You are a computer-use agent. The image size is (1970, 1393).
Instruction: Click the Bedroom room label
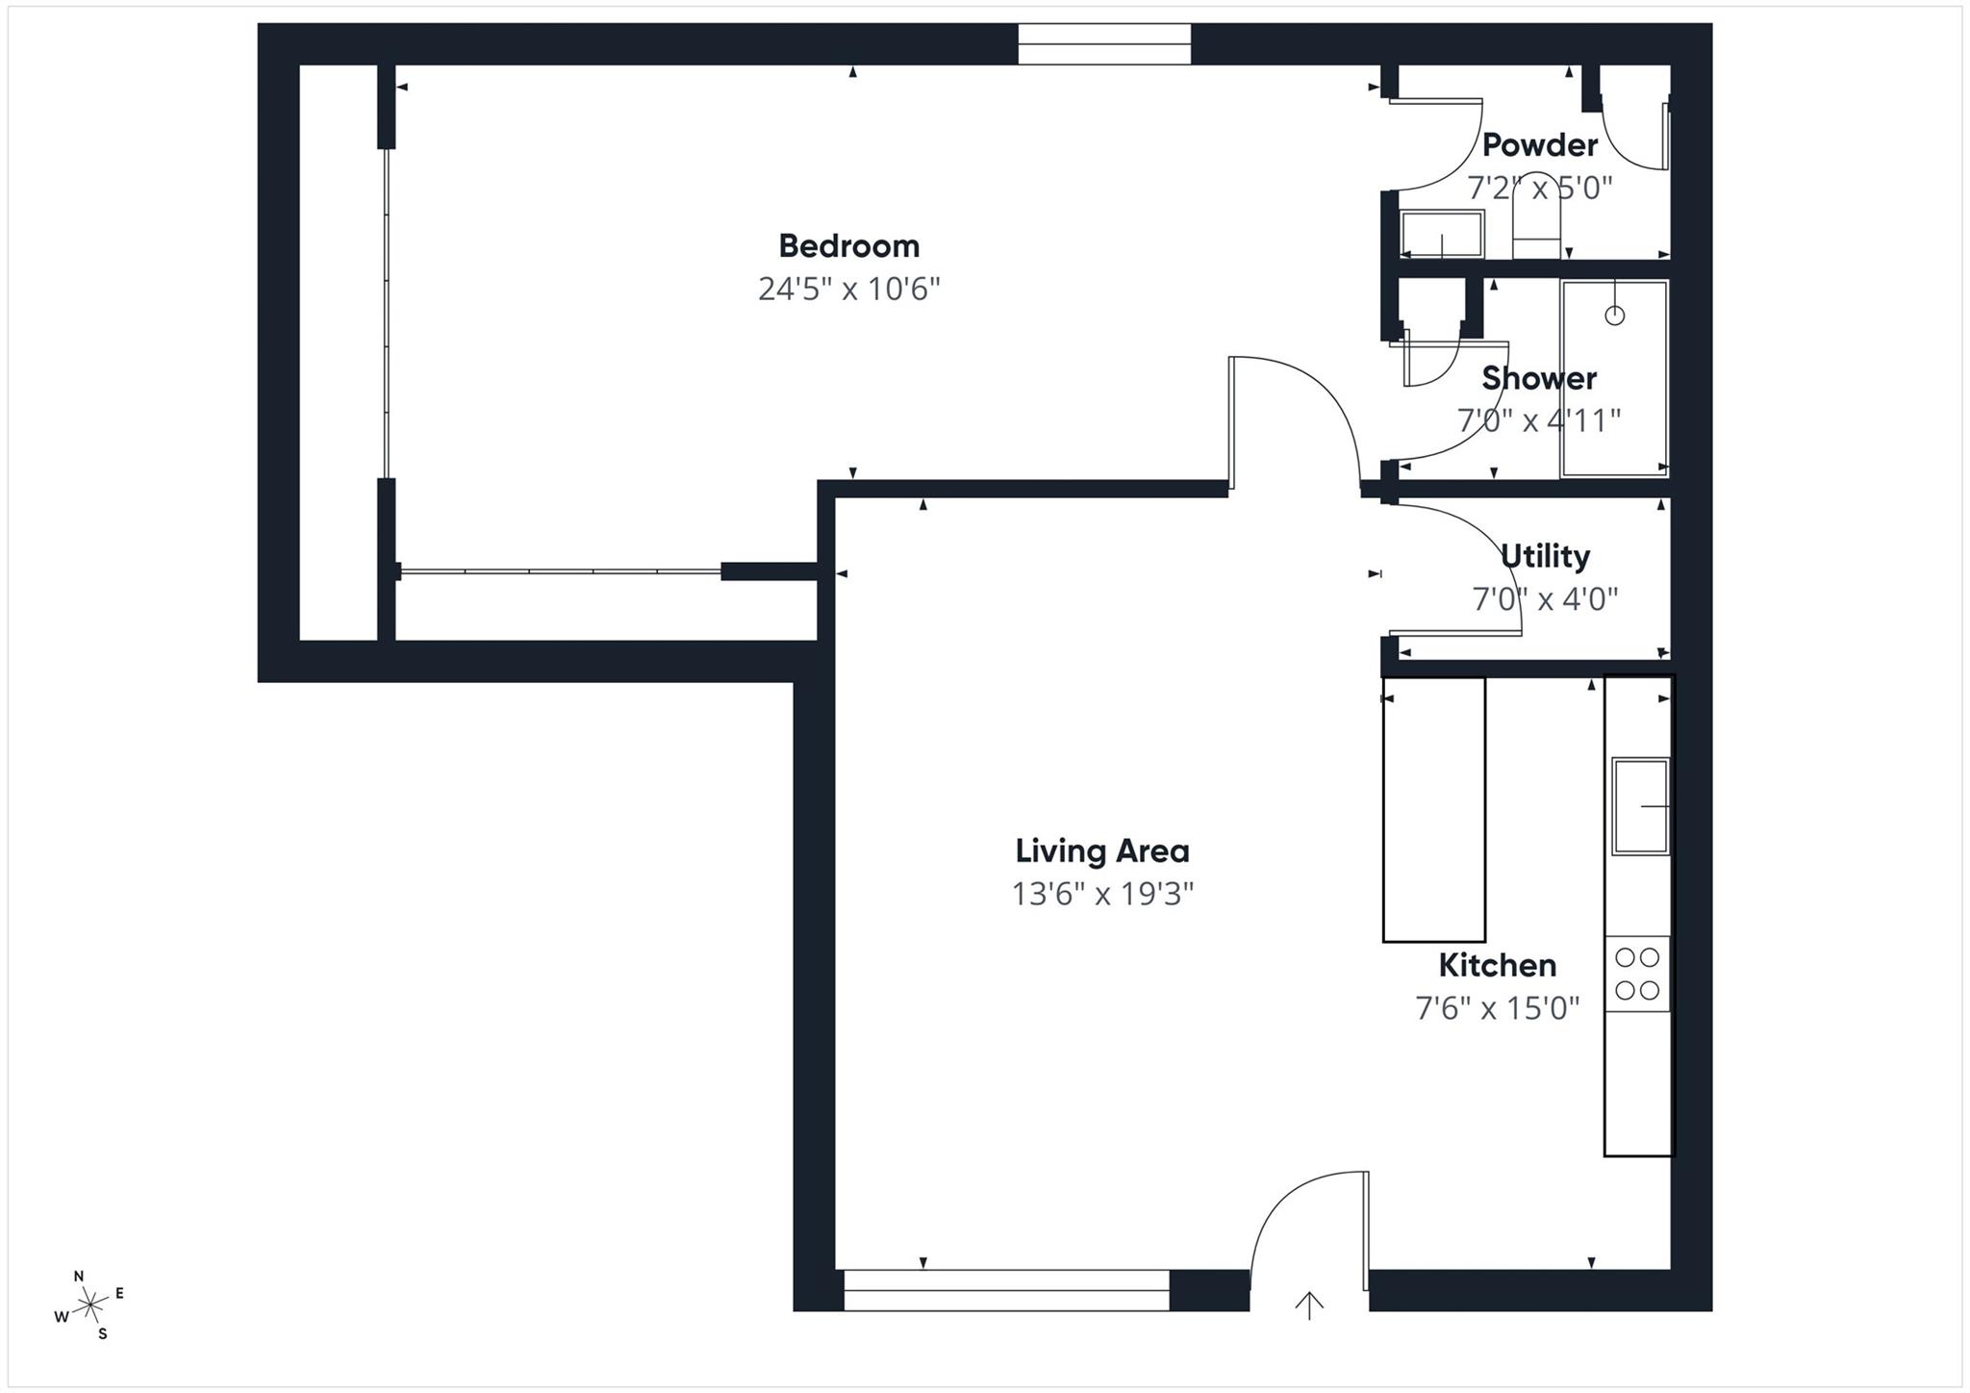tap(848, 246)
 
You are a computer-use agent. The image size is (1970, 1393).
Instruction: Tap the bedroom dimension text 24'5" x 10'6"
tap(848, 289)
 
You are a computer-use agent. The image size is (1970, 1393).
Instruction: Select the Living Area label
tap(1102, 851)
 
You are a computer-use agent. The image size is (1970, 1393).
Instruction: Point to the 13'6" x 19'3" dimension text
tap(1102, 895)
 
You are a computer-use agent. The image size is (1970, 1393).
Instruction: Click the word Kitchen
tap(1497, 965)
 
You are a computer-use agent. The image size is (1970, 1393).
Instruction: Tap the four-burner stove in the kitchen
tap(1636, 973)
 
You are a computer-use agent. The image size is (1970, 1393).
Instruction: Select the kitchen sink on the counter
tap(1640, 806)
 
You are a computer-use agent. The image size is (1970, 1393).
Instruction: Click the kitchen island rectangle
tap(1433, 809)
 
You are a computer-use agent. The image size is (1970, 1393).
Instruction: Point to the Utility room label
tap(1545, 556)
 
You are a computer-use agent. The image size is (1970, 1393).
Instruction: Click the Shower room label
tap(1539, 378)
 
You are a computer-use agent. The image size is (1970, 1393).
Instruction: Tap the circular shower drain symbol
tap(1614, 315)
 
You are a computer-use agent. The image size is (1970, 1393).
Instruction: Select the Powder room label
tap(1539, 145)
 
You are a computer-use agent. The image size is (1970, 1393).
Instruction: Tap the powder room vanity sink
tap(1441, 234)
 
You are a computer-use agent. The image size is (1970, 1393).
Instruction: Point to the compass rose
tap(89, 1305)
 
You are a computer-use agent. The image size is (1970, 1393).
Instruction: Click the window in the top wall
tap(1104, 44)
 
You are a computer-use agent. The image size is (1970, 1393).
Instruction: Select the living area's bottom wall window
tap(1006, 1290)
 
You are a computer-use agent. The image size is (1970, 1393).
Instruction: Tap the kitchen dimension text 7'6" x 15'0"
tap(1497, 1008)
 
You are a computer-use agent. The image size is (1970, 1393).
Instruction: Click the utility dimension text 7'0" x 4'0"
tap(1545, 599)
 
